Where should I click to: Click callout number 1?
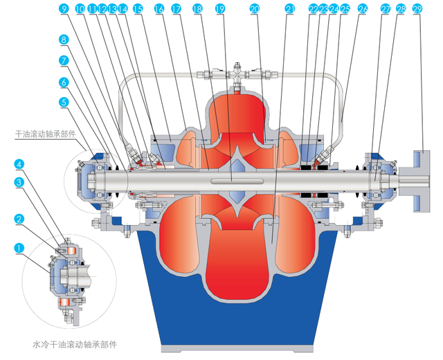(x=20, y=246)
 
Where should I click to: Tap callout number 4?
(x=20, y=164)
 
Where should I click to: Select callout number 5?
(x=64, y=101)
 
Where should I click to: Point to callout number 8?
(x=64, y=40)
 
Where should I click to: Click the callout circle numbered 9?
(x=64, y=9)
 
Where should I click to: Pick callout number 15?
(x=137, y=9)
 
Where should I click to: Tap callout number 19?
(x=220, y=9)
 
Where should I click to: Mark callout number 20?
(x=254, y=9)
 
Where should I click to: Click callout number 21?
(x=289, y=9)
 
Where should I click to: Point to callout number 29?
(x=417, y=9)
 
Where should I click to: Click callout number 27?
(x=385, y=9)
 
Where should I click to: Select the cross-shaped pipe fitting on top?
(x=237, y=72)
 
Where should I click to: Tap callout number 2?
(x=20, y=219)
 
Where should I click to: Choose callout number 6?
(x=64, y=81)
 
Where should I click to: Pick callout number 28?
(x=401, y=9)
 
